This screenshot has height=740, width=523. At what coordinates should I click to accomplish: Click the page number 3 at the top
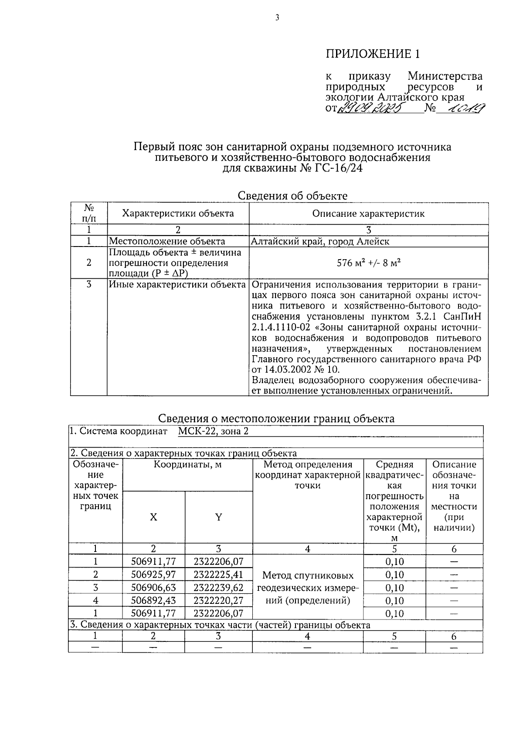pos(277,18)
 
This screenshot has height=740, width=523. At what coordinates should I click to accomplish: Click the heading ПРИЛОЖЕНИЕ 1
pos(374,54)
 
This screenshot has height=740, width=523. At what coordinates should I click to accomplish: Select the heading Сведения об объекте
pos(292,196)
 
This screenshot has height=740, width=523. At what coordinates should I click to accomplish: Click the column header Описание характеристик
pos(368,214)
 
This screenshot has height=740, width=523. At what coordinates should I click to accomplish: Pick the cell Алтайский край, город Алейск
pos(320,241)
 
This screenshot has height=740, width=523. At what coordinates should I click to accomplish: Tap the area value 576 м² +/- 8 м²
pos(368,263)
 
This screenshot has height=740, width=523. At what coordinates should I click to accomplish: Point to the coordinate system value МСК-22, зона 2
pos(213,432)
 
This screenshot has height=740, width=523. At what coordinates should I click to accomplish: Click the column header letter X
pos(153,517)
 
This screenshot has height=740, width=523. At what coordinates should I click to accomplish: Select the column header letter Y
pos(219,517)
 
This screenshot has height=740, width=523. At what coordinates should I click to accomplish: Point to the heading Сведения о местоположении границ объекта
pos(276,419)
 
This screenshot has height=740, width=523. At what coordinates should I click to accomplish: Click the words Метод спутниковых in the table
pos(308,576)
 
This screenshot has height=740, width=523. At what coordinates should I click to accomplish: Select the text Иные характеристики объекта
pos(177,285)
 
